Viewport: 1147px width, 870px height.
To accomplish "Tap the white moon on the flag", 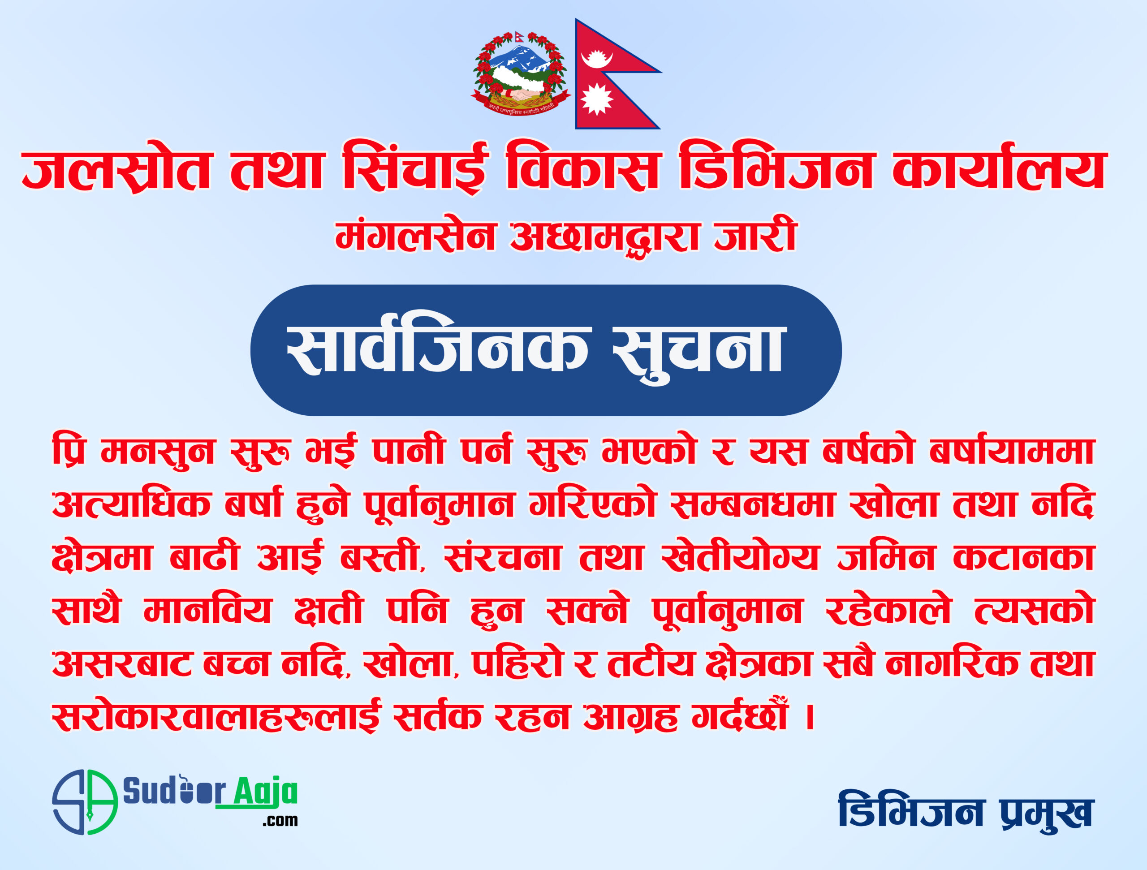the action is [x=597, y=59].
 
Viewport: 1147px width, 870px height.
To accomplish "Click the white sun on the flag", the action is [x=596, y=99].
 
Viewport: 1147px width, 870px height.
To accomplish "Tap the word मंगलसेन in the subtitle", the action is [x=415, y=236].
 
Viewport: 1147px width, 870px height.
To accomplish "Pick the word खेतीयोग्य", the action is [x=741, y=557].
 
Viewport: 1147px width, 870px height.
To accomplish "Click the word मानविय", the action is [x=207, y=610].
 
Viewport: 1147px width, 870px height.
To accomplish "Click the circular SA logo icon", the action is [x=85, y=801].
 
